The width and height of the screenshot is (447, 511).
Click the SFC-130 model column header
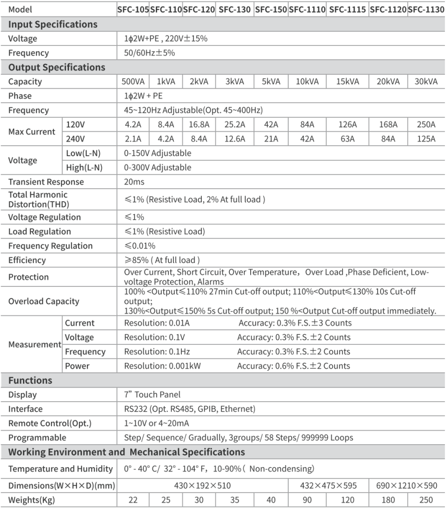click(235, 10)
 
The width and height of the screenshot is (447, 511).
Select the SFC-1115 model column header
click(348, 10)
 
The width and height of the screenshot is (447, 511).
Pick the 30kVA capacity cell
click(426, 82)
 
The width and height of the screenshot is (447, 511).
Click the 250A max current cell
click(426, 125)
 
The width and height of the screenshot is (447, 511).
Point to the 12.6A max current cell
click(235, 139)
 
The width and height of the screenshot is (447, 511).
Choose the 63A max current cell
click(348, 139)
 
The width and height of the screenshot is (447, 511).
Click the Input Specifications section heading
click(53, 24)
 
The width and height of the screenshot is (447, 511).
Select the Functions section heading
click(30, 380)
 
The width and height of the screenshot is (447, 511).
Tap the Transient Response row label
click(46, 182)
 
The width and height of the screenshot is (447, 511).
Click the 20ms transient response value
click(134, 182)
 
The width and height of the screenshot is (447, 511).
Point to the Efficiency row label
click(27, 260)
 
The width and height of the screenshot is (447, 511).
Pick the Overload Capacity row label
click(44, 301)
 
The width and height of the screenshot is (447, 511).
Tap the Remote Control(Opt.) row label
click(50, 423)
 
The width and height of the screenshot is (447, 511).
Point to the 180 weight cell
click(388, 500)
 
